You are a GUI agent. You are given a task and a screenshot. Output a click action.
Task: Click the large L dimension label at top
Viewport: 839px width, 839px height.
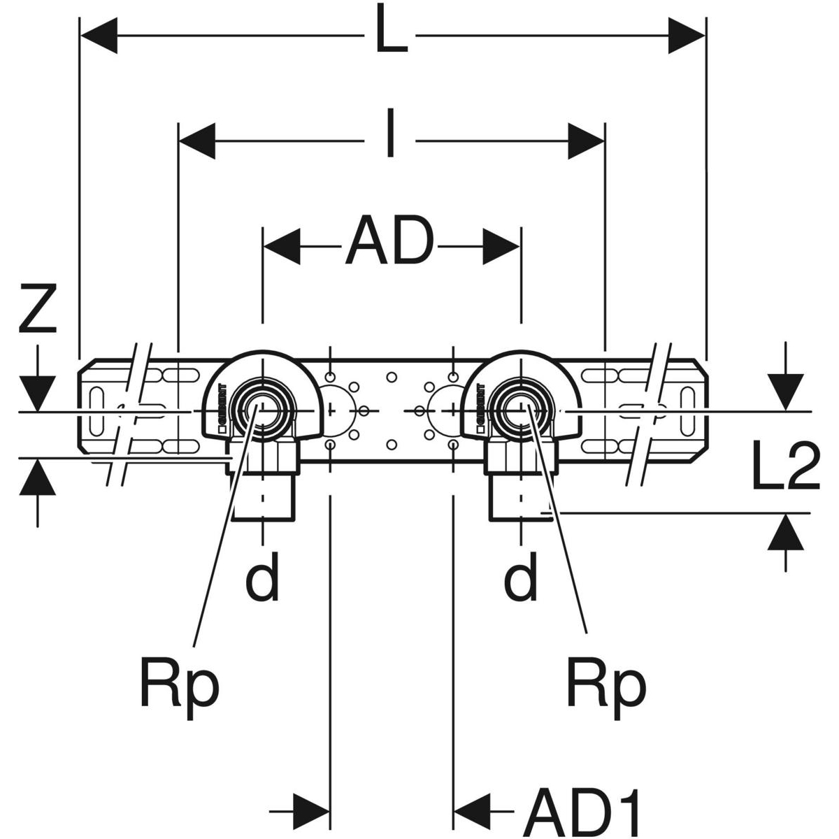(x=391, y=32)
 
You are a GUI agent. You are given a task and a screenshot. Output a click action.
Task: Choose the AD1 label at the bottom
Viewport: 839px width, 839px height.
(x=582, y=808)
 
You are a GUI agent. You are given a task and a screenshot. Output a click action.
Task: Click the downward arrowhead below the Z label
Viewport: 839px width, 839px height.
(x=37, y=392)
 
